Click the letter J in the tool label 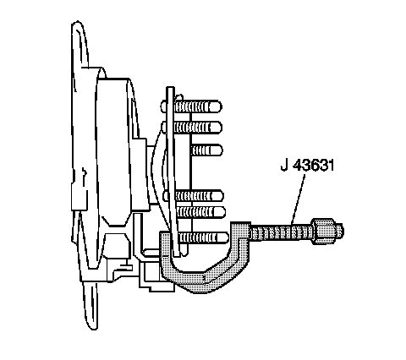coord(285,165)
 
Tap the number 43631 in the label coord(314,165)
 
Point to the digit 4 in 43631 coord(298,165)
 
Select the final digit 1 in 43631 coord(331,165)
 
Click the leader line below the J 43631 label coord(299,199)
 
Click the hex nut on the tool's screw coord(323,231)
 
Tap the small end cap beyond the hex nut coord(339,231)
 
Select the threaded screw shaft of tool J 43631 coord(282,232)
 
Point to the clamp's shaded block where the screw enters coord(240,231)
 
